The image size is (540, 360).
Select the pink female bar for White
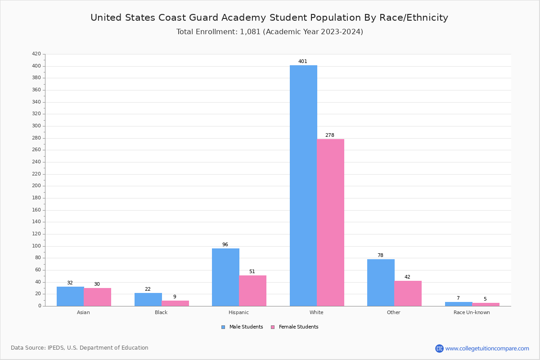[330, 222]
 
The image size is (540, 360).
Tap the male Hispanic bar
[225, 277]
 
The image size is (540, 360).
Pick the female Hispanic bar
[252, 291]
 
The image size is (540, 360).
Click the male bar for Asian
[70, 296]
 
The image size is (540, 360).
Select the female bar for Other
[408, 293]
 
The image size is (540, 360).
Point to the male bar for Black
[148, 299]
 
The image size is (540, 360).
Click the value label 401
[303, 61]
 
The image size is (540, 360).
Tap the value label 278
[330, 135]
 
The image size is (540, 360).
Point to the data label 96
[225, 245]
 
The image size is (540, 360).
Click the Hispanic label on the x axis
[238, 312]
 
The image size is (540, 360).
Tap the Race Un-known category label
[472, 312]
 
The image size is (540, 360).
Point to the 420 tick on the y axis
[36, 54]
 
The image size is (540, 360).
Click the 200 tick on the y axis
[36, 186]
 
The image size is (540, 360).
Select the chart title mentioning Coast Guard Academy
[269, 18]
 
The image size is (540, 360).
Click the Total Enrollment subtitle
[270, 32]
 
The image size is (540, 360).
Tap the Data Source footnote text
[80, 348]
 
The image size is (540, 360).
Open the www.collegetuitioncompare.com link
[487, 348]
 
